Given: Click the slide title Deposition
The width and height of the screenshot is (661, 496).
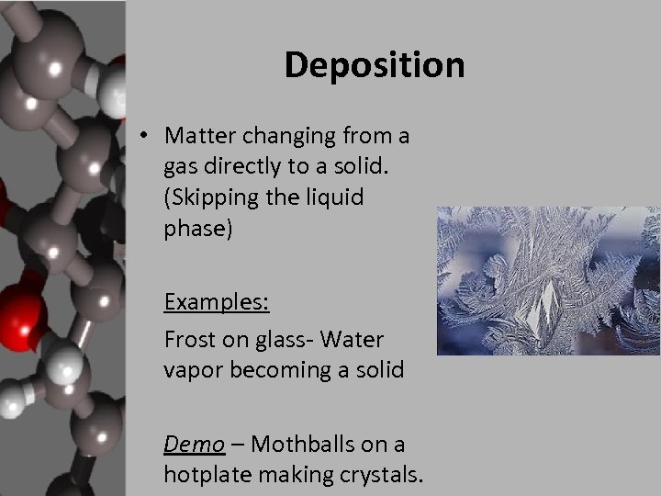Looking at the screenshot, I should coord(375,65).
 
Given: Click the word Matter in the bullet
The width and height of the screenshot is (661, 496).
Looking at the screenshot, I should coord(197,136).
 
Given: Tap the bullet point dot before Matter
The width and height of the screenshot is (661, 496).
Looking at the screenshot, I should coord(145,137).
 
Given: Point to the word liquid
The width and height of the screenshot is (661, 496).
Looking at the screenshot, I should coord(335,197).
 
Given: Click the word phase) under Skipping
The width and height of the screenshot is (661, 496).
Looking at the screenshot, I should coord(198,228).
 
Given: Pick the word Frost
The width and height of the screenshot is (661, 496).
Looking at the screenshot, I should coord(188,340).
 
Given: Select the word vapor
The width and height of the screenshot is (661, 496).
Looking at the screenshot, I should coord(191,370).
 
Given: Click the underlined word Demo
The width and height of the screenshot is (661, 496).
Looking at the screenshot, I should coord(194,445).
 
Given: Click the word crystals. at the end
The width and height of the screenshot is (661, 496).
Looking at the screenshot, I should coord(381,475).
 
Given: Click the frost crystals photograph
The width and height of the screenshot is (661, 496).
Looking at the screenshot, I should coord(548,280).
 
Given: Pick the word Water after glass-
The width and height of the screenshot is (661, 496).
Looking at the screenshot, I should coord(354,340).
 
